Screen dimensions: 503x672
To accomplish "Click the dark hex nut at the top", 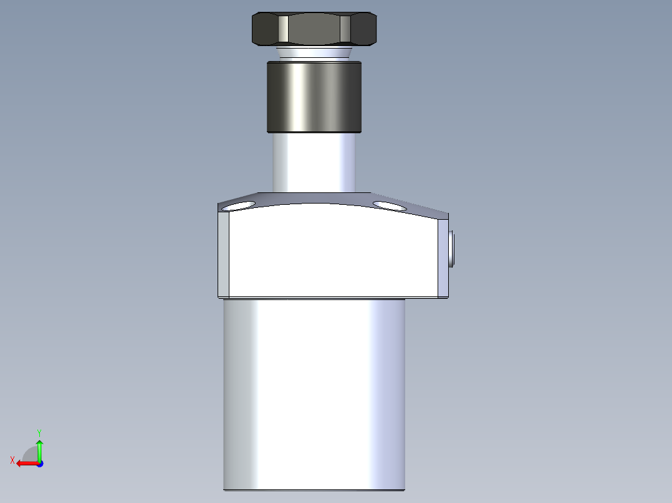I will pos(315,29).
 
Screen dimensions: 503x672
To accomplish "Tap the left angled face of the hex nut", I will pos(265,29).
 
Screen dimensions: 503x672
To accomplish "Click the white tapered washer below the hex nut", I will pos(315,52).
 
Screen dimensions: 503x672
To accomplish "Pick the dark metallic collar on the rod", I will pos(314,96).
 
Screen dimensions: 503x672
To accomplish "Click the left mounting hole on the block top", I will pos(239,205).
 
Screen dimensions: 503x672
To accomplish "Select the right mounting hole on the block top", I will pos(389,205).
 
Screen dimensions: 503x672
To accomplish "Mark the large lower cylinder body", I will pos(314,392).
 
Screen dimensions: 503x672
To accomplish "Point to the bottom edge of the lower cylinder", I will pos(314,489).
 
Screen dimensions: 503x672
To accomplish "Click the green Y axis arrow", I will pos(39,448).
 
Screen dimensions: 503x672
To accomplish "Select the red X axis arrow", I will pos(25,463).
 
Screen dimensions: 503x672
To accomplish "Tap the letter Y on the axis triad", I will pos(39,431).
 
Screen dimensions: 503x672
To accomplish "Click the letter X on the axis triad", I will pos(12,460).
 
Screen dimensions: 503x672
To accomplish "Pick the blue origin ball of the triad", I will pos(39,463).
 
